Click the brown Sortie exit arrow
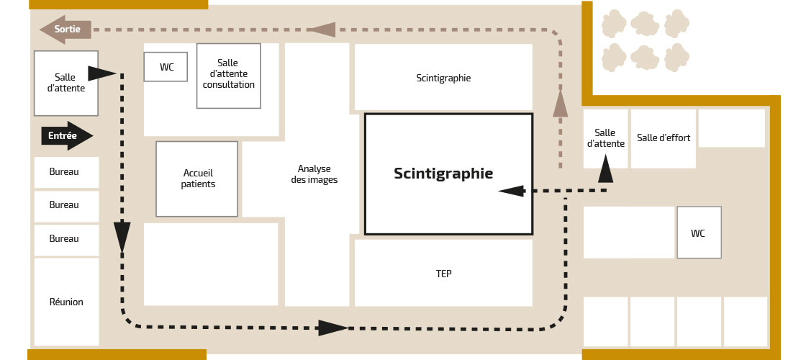point(65,30)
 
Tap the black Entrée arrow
point(67,136)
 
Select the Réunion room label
point(66,302)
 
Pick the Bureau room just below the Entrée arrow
point(66,172)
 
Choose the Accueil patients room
point(197,179)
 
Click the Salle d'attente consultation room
point(229,76)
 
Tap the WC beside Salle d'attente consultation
point(166,67)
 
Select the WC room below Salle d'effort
point(699,233)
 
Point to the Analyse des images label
point(314,174)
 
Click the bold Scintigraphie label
point(443,174)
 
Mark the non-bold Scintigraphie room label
point(443,78)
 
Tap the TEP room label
point(443,274)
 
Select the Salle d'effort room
point(664,138)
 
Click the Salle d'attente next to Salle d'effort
point(605,138)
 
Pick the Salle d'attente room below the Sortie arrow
point(65,84)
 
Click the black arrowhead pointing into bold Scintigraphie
point(511,191)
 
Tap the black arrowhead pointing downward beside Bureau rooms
point(122,237)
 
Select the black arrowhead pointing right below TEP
point(333,328)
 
